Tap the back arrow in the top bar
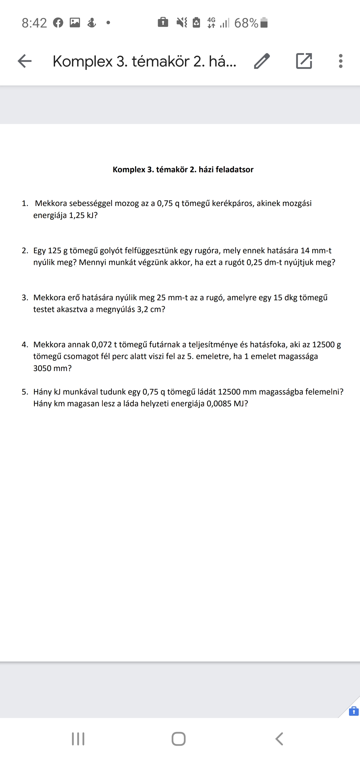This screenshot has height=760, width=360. click(24, 61)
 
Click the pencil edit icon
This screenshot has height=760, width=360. click(262, 61)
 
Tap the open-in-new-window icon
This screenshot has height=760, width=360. click(304, 61)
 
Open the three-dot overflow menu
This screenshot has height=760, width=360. click(341, 61)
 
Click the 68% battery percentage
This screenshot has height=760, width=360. click(246, 23)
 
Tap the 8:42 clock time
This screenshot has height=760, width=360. click(34, 23)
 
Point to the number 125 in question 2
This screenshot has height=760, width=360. click(54, 250)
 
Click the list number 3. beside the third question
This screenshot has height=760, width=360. click(25, 297)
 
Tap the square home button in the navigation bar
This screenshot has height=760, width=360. click(178, 739)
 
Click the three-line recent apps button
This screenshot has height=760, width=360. click(78, 739)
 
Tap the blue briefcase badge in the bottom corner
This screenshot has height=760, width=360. click(353, 711)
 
